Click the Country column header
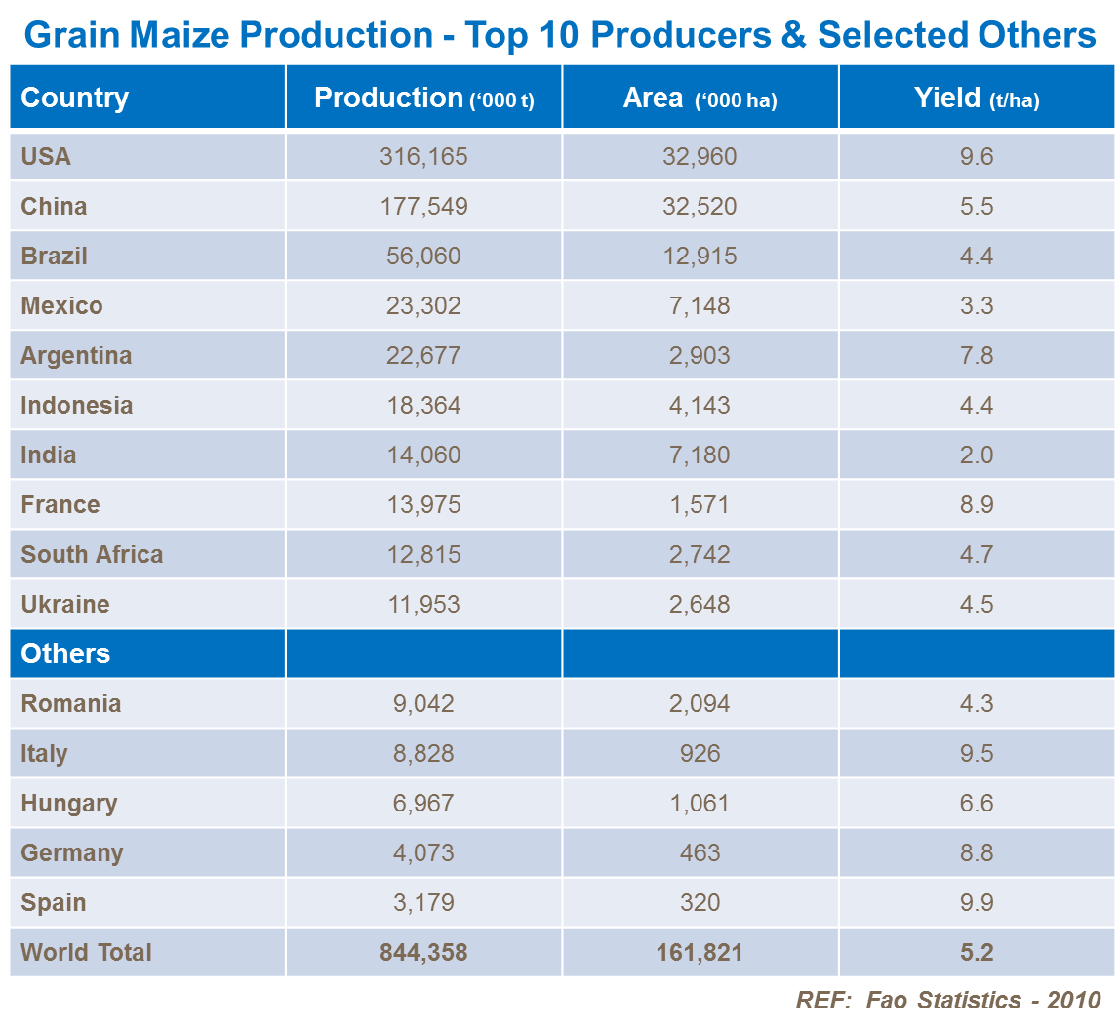[75, 98]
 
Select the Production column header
[423, 99]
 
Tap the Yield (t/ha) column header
[977, 99]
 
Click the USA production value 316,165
[423, 157]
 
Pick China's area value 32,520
[700, 207]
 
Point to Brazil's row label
[55, 257]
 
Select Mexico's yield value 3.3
[977, 306]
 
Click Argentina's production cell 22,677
[423, 356]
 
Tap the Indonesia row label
[77, 406]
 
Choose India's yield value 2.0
[977, 455]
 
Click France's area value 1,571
[700, 505]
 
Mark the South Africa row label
[92, 555]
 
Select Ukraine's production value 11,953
[423, 605]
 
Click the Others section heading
[65, 653]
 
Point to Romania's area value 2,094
[700, 704]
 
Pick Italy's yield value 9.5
[977, 754]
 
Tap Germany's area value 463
[700, 853]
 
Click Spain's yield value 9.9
[977, 903]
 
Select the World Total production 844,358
[423, 953]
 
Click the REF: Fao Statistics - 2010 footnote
[947, 1001]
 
